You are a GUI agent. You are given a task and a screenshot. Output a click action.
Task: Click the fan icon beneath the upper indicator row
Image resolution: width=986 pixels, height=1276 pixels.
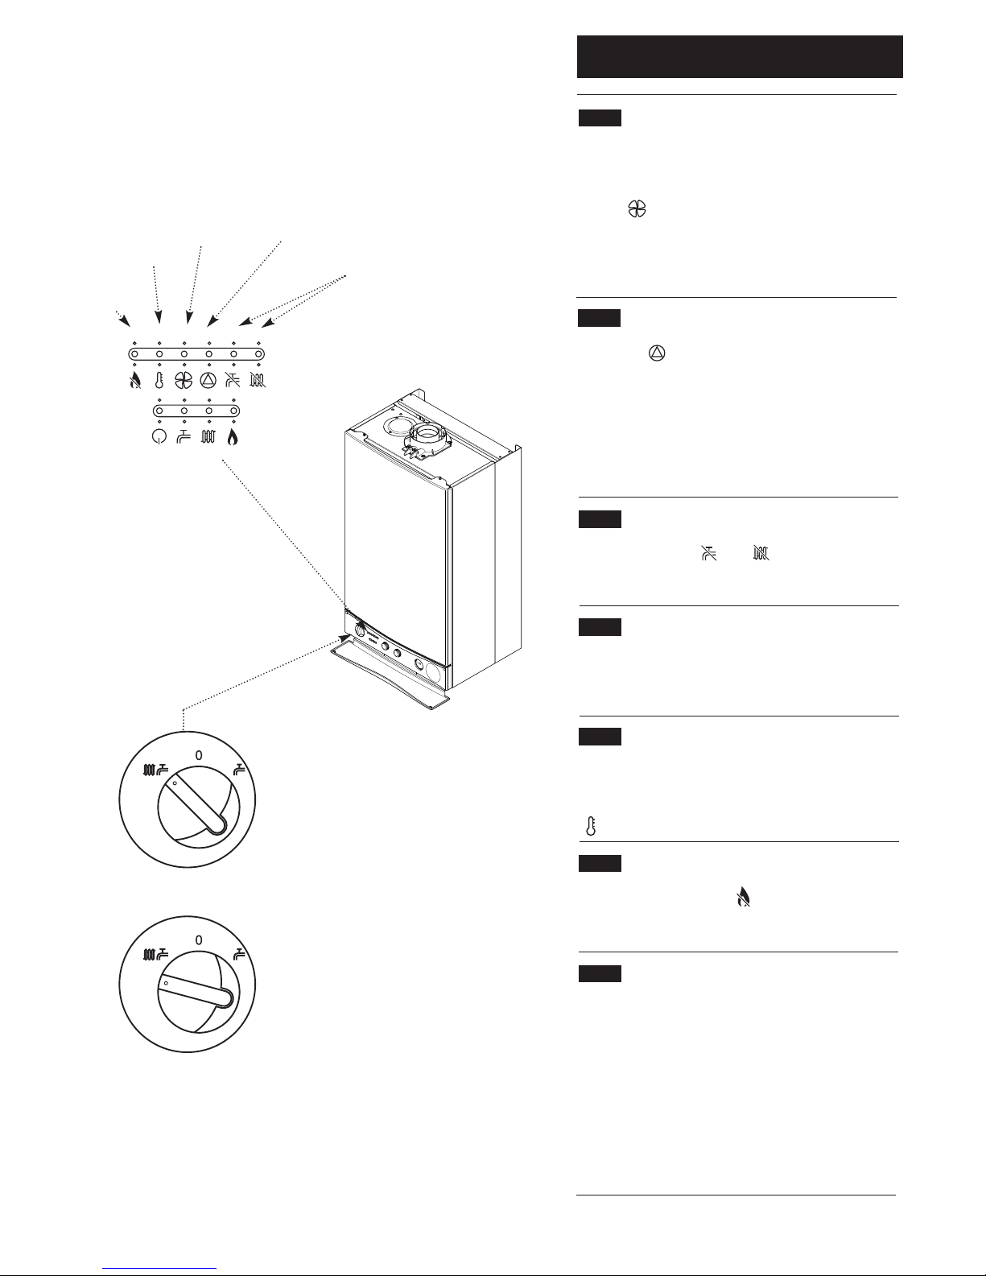[184, 381]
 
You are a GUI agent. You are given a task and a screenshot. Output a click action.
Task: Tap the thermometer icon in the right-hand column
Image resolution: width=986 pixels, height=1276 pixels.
[591, 826]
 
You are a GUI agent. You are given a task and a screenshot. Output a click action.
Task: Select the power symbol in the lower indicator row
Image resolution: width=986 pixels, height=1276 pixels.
[159, 436]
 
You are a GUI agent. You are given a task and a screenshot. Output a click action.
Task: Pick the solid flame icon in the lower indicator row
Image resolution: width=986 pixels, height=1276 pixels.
[233, 436]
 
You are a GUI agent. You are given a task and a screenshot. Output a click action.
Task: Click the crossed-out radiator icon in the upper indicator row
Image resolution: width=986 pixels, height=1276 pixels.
[258, 381]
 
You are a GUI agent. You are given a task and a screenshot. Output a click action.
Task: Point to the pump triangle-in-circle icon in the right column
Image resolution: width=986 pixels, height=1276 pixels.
[657, 353]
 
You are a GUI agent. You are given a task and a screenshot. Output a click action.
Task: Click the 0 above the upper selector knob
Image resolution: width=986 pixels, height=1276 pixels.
[199, 756]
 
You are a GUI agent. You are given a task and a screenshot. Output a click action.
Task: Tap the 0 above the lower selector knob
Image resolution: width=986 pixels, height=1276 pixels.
[199, 940]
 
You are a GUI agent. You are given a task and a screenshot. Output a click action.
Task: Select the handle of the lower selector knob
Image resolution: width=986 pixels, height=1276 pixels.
[196, 991]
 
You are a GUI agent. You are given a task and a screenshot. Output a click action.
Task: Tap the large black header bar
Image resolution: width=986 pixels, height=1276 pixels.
[740, 56]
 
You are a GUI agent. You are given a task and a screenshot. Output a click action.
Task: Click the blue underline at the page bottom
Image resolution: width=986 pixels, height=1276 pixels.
[159, 1269]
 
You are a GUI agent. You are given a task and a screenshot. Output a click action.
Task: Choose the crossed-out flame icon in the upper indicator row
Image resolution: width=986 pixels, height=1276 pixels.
[135, 381]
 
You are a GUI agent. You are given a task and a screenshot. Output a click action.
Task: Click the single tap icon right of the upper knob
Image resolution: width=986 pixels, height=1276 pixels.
[239, 770]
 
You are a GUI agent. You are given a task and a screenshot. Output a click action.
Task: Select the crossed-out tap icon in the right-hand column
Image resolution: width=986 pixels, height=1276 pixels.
[710, 553]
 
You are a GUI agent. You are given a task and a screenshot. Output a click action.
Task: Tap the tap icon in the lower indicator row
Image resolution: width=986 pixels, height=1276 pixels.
[184, 436]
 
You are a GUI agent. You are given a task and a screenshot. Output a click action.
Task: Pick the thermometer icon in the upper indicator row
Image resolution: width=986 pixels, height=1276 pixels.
[159, 381]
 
